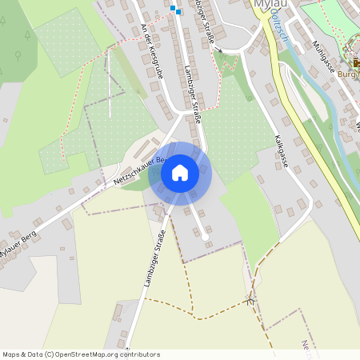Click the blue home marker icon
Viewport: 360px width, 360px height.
180,173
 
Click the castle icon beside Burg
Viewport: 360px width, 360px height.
356,62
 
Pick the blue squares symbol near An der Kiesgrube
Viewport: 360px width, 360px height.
175,9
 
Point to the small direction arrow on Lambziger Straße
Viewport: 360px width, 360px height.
218,50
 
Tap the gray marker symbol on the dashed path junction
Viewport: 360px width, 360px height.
251,301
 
